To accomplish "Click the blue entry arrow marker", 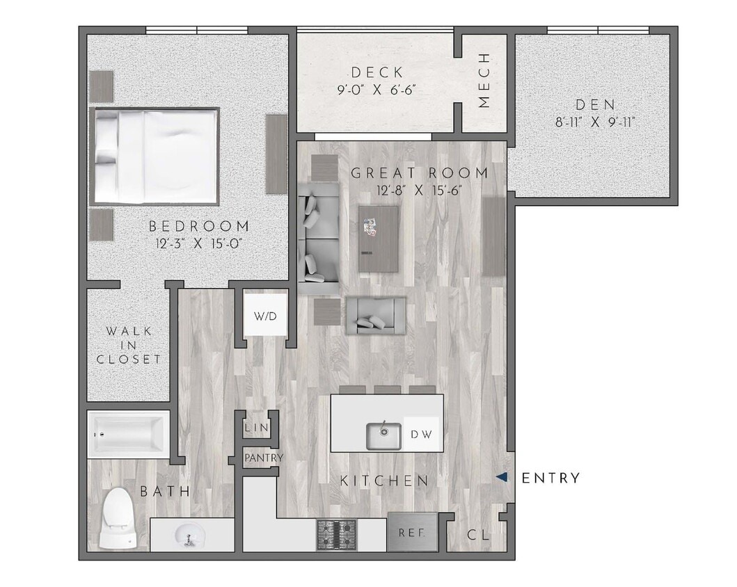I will (502, 478).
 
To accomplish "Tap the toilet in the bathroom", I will (116, 518).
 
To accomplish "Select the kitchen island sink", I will (383, 435).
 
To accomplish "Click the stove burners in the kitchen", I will (338, 535).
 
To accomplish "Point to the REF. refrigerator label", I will (411, 533).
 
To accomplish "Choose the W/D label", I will (264, 316).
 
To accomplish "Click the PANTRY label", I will (263, 458).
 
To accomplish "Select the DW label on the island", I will (421, 435).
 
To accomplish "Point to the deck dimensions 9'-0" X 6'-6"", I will (377, 90).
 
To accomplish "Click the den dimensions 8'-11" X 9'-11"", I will (595, 122).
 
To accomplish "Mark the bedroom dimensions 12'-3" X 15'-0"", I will (198, 243).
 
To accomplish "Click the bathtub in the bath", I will (129, 435).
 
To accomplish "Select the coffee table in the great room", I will (379, 239).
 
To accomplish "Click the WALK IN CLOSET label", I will (129, 345).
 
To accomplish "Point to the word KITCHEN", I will (384, 481).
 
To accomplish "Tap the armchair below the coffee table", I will (376, 314).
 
